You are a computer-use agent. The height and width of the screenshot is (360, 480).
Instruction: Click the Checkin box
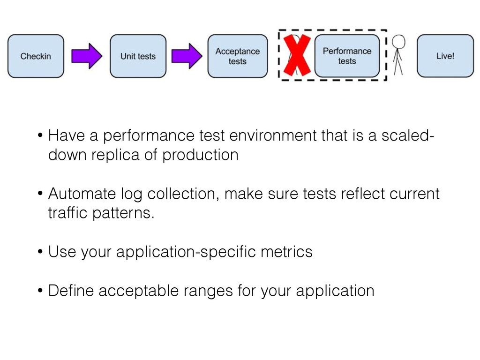[36, 56]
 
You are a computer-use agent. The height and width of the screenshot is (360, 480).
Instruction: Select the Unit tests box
[138, 56]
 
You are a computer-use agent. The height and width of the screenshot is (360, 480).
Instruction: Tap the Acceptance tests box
[238, 56]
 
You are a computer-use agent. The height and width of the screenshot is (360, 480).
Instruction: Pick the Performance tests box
[347, 56]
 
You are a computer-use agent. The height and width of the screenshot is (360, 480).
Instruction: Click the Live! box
[445, 56]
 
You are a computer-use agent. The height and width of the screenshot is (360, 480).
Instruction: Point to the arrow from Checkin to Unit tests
[87, 56]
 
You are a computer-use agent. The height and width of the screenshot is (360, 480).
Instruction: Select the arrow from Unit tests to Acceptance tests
[187, 56]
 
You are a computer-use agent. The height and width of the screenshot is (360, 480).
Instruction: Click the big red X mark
[297, 55]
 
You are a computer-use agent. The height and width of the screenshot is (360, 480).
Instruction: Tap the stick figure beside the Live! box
[398, 55]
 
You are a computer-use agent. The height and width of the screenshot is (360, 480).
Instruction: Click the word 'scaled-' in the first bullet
[408, 135]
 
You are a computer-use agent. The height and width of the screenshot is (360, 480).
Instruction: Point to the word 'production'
[200, 155]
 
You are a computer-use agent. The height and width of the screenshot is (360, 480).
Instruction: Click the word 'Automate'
[82, 194]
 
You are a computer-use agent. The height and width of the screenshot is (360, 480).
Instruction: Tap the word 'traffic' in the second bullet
[67, 213]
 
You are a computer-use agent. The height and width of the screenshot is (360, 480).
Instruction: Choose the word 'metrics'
[286, 252]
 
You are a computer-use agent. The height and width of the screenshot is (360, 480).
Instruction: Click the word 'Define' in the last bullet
[71, 291]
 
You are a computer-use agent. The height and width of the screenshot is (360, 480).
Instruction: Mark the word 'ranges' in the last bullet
[208, 291]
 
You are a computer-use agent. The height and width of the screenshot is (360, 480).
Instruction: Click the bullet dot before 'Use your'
[40, 252]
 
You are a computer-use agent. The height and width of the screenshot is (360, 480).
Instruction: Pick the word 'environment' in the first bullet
[273, 135]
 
